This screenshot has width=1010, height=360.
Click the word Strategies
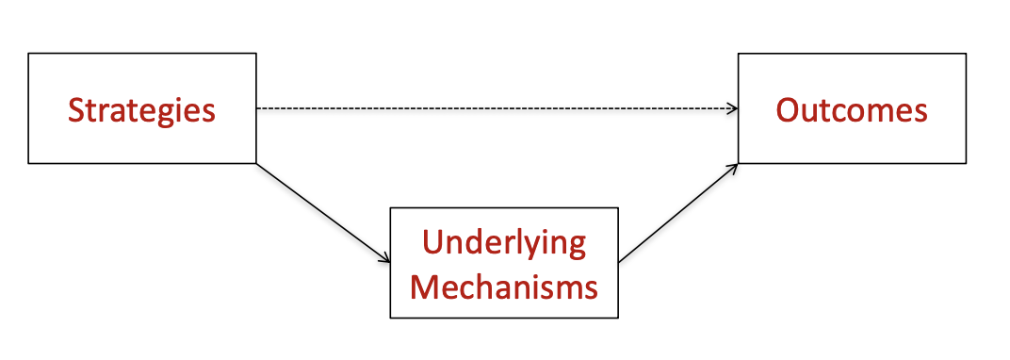click(x=141, y=110)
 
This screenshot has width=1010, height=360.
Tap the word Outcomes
click(x=852, y=110)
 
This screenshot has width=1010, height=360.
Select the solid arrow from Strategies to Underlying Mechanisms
click(x=323, y=213)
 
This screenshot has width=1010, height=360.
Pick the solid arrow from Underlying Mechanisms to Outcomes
click(x=677, y=213)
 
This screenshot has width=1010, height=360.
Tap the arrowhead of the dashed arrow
click(x=732, y=108)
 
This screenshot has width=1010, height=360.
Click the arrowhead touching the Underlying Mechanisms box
click(x=385, y=259)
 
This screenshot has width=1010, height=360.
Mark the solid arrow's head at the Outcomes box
click(x=733, y=167)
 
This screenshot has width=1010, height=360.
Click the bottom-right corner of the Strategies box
click(x=256, y=163)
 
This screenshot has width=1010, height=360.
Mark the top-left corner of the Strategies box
click(x=29, y=54)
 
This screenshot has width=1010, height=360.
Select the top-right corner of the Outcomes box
click(x=966, y=54)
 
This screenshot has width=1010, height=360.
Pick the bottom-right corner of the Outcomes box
click(x=966, y=163)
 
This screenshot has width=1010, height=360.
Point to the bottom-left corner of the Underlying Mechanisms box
click(x=391, y=318)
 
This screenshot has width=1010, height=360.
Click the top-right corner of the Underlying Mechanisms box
click(x=618, y=208)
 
